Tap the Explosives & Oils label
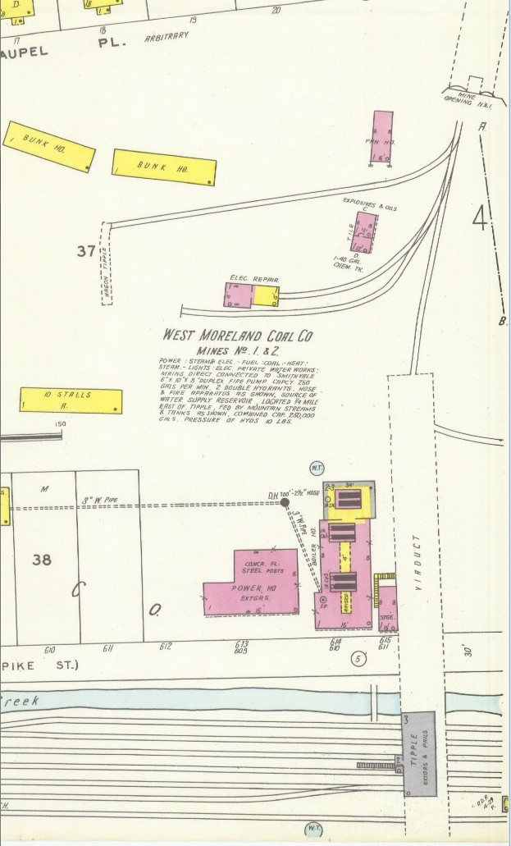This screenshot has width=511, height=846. tap(369, 203)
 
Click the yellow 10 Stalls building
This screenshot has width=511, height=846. tap(71, 400)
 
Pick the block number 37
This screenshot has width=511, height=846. tap(86, 251)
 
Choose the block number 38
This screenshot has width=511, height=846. tap(42, 560)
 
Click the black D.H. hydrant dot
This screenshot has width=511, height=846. tap(285, 502)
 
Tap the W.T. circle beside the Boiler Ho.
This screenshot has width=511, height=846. tap(316, 468)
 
